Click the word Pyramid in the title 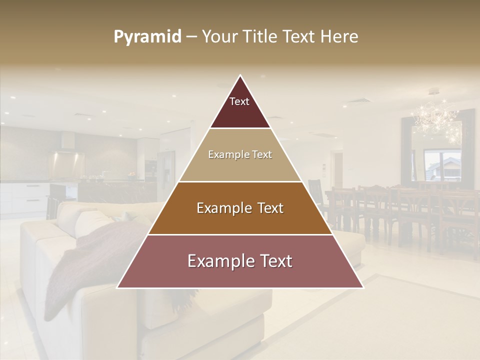click(147, 37)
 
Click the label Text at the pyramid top click(239, 101)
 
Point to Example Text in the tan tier click(240, 154)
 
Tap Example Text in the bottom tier click(240, 261)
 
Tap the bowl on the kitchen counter click(131, 175)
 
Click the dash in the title click(191, 37)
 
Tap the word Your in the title click(218, 37)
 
